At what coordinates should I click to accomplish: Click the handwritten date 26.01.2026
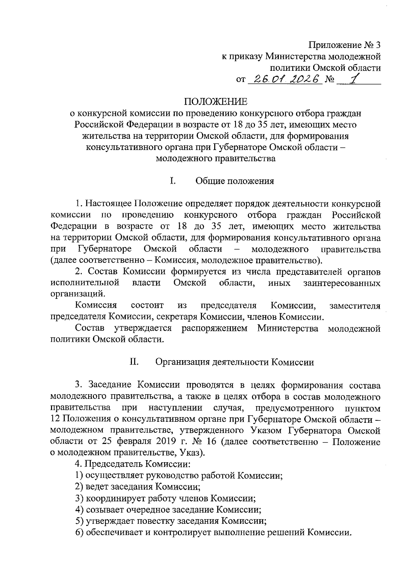285,79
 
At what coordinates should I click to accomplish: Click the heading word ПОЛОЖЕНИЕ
216,102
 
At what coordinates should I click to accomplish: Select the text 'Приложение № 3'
344,45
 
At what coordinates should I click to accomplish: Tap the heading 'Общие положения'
235,181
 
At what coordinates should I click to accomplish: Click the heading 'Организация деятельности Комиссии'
235,362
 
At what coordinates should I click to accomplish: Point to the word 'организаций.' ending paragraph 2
78,294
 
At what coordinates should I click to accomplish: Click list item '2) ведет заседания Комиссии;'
138,487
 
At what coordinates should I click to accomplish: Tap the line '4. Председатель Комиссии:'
133,464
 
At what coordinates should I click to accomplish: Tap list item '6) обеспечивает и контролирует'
213,532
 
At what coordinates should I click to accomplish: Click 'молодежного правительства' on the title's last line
216,159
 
